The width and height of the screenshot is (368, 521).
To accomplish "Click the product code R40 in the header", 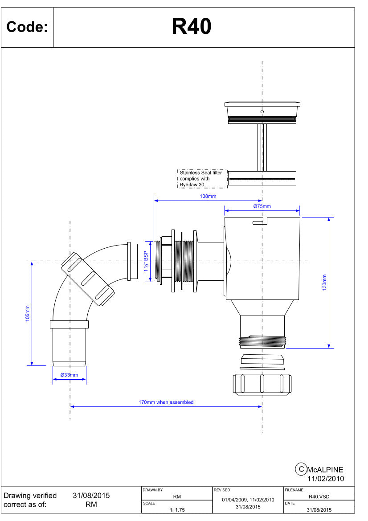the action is click(191, 27).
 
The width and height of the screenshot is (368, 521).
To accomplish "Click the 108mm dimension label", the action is click(208, 196).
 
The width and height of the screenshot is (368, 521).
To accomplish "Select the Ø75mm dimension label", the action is click(262, 206).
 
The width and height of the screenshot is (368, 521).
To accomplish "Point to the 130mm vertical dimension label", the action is click(324, 283).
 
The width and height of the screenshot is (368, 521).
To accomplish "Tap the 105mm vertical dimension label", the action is click(27, 313).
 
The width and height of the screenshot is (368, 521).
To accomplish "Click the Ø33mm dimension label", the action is click(69, 375).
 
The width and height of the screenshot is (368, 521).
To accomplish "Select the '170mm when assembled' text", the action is click(166, 402).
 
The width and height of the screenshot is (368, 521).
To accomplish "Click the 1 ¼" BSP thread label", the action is click(146, 262).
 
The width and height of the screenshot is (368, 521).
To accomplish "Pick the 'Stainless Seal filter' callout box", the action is click(202, 179).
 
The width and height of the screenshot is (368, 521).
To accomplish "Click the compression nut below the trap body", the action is click(262, 385).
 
